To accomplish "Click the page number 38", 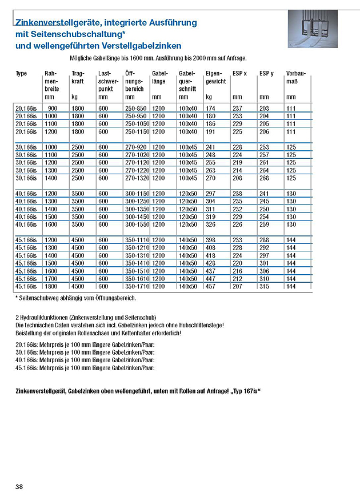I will click(x=19, y=486).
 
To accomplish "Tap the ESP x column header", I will click(x=240, y=74).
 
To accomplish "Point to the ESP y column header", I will click(x=266, y=74).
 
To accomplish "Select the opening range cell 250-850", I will click(x=135, y=108).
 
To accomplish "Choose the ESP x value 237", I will click(x=238, y=108).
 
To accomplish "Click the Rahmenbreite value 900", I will click(x=53, y=108).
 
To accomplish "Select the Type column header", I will click(x=22, y=74).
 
